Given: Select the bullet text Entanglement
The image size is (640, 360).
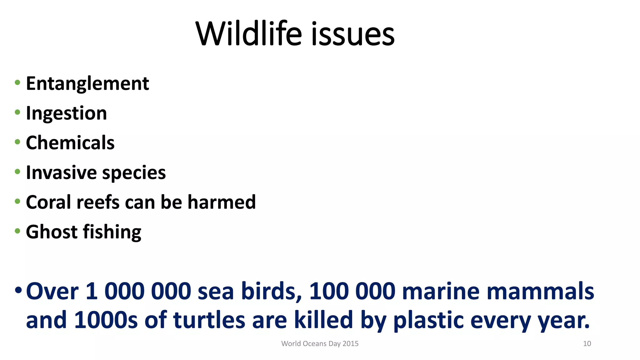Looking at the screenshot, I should (87, 84).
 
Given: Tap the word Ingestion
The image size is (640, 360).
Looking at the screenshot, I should (66, 113).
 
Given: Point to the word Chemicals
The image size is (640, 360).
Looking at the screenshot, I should (70, 143).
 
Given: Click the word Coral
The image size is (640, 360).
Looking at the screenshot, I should (48, 202).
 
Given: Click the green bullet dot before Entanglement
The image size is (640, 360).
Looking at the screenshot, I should (17, 83).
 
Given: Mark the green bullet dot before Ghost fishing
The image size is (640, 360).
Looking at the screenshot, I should (17, 231).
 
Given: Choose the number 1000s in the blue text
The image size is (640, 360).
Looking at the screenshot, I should (106, 320).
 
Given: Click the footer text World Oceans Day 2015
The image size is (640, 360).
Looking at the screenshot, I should (320, 344).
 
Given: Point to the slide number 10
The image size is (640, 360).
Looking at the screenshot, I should (587, 344).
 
